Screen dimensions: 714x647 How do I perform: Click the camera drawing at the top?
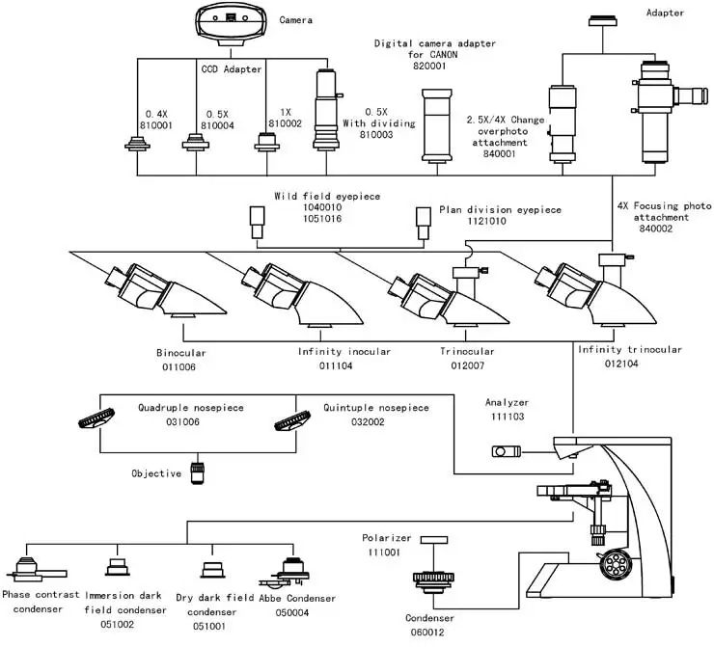coord(231,23)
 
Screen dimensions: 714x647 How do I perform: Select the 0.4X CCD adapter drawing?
coord(138,144)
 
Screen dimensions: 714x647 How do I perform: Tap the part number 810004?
coord(217,125)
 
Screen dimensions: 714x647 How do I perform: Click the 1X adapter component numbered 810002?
coord(267,142)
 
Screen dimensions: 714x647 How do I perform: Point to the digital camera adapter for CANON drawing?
coord(437,125)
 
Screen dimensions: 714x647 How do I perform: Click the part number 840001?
coord(500,153)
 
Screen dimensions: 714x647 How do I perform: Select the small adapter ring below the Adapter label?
coord(602,21)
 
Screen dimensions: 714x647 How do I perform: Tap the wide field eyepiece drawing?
coord(258,222)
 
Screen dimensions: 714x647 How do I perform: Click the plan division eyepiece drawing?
coord(424,224)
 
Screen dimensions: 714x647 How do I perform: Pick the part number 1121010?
coord(486,221)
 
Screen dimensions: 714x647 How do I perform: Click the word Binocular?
coord(181,353)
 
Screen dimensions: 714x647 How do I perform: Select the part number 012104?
coord(621,364)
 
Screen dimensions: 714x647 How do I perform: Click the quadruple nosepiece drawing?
coord(96,418)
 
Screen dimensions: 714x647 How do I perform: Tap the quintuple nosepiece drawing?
coord(292,420)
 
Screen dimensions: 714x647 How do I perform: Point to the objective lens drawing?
coord(198,473)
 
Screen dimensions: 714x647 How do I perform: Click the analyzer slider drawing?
coord(506,451)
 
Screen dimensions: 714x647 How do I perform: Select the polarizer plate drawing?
coord(433,540)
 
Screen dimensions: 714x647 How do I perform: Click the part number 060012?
coord(427,632)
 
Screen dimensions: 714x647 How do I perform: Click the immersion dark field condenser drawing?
coord(118,567)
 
